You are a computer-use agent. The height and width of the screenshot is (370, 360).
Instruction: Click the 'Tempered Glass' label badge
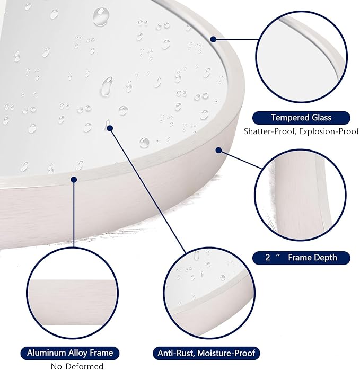[x=301, y=118]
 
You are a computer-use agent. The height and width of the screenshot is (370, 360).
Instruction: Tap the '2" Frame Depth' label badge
[x=301, y=258]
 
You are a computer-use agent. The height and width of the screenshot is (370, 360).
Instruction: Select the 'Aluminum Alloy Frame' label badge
[x=70, y=353]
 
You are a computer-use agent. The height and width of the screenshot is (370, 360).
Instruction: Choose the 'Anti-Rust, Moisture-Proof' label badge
[x=206, y=353]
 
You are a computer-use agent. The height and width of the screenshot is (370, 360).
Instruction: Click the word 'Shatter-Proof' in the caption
[x=269, y=131]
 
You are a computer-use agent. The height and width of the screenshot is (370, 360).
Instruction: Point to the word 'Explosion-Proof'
[x=329, y=131]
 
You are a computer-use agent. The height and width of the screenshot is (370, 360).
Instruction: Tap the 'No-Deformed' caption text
[x=77, y=366]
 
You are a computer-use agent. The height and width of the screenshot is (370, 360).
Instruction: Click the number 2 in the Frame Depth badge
[x=267, y=257]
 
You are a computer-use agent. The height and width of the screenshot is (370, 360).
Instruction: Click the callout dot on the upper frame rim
[x=213, y=39]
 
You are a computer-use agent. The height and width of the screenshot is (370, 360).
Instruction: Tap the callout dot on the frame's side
[x=218, y=150]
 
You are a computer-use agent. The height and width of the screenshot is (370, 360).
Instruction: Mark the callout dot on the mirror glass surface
[x=110, y=128]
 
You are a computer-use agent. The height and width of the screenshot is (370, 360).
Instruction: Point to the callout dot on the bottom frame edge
[x=74, y=180]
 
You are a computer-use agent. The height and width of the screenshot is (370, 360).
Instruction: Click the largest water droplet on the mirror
[x=101, y=16]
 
